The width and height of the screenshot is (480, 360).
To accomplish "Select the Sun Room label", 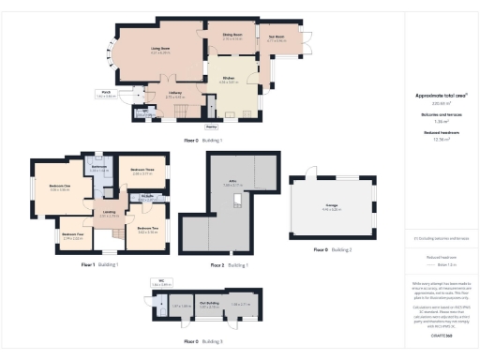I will (x=277, y=37).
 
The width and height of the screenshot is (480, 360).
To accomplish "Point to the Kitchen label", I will (x=228, y=79).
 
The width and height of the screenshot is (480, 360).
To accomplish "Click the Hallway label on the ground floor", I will (x=174, y=93).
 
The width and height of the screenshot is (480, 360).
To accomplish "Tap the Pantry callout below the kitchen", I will (x=211, y=125).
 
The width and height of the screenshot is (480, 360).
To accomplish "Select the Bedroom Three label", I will (x=142, y=170).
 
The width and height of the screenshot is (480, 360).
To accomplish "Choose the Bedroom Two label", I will (x=147, y=228).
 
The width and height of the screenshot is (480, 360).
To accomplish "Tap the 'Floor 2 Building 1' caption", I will (x=229, y=265).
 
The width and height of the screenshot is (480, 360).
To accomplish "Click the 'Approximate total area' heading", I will (x=434, y=95).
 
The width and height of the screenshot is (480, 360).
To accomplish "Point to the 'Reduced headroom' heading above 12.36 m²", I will (x=434, y=133).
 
